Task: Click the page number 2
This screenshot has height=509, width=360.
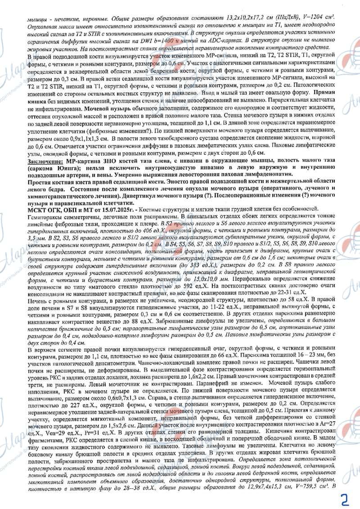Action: [x=345, y=497]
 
